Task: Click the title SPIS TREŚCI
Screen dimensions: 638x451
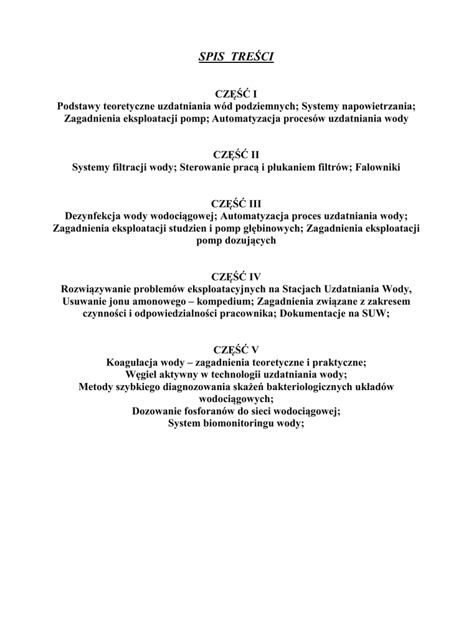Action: pos(236,57)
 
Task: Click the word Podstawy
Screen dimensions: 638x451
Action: pos(77,107)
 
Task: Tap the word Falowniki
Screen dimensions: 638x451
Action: pos(378,168)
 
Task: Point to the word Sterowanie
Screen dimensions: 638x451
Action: pos(204,168)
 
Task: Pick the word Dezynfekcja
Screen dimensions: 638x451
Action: pos(93,216)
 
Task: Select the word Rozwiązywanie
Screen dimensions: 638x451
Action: pos(99,289)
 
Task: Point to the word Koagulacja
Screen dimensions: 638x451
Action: pos(134,362)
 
